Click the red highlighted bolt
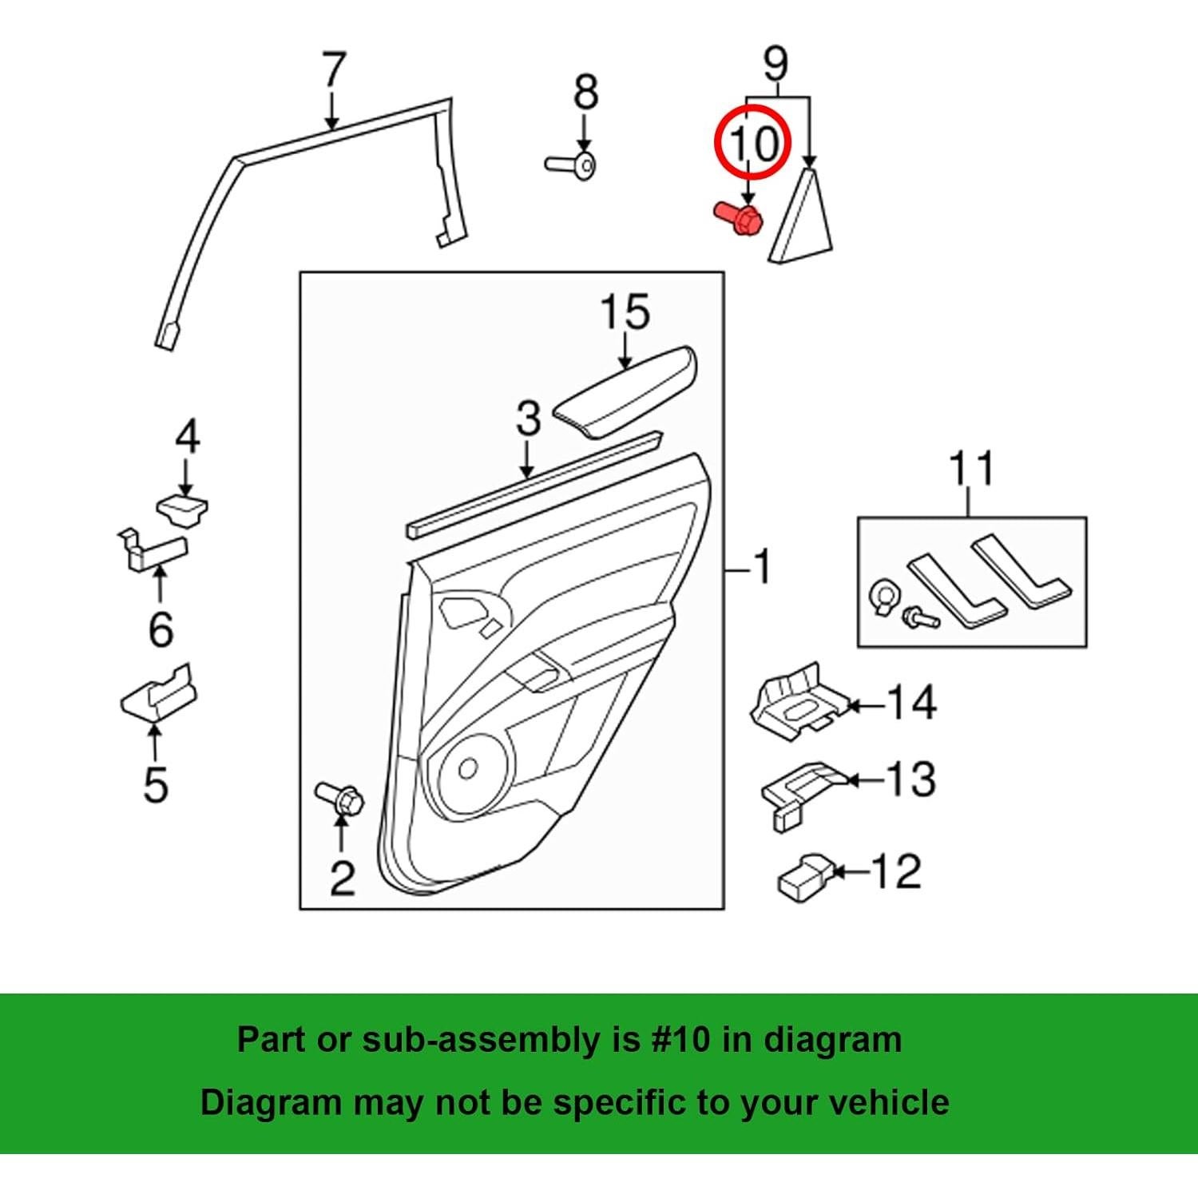point(740,217)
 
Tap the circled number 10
point(752,145)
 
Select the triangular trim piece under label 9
point(802,220)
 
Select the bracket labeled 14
point(796,700)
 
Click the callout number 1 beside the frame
point(764,567)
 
